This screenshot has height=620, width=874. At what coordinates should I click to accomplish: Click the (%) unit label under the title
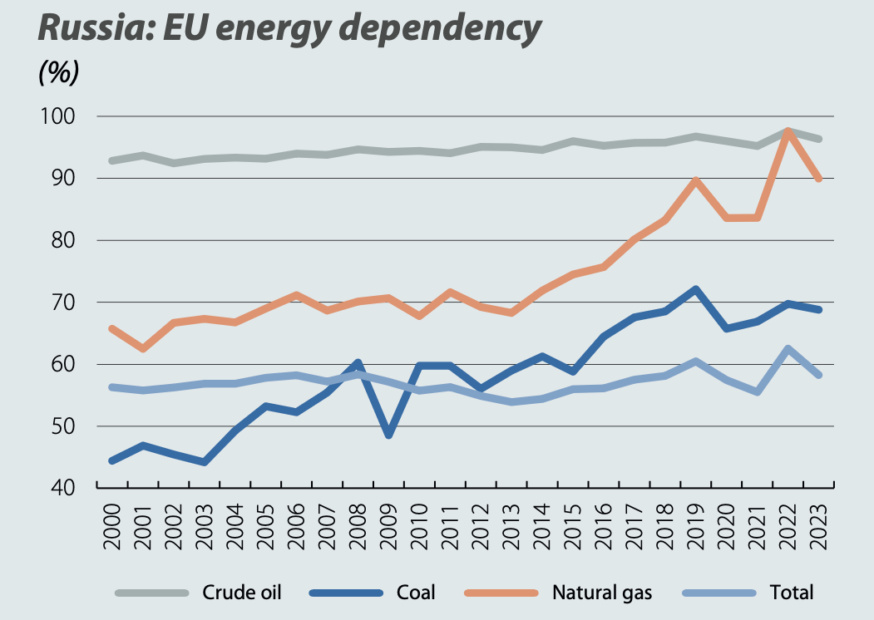(x=58, y=73)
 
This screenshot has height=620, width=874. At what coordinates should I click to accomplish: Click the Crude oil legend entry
(x=242, y=593)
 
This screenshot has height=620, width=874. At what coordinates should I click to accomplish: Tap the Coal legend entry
(x=417, y=593)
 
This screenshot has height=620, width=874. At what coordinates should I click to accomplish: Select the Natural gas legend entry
(x=602, y=593)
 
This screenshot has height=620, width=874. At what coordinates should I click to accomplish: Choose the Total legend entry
(x=791, y=593)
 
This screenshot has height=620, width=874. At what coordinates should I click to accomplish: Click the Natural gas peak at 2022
(x=788, y=131)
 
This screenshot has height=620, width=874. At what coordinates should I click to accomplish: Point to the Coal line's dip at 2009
(x=388, y=435)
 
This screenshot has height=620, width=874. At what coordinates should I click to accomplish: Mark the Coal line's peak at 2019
(x=695, y=289)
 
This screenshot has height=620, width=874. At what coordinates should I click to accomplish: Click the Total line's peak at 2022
(x=788, y=349)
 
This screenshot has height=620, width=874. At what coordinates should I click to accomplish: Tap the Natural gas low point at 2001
(x=142, y=349)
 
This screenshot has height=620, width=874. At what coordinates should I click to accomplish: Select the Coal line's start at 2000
(x=111, y=460)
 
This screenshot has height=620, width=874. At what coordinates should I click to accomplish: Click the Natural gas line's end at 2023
(x=818, y=179)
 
